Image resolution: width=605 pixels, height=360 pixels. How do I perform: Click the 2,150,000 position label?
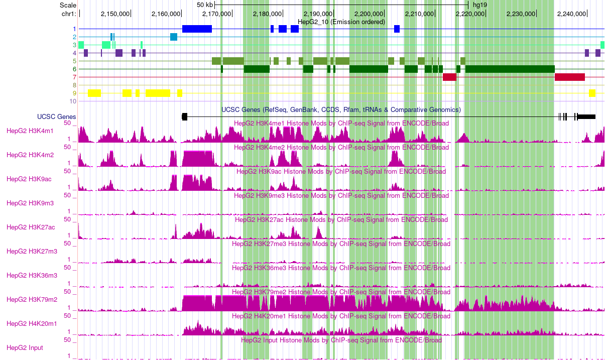pos(115,14)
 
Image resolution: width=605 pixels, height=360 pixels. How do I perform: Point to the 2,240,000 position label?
pos(572,14)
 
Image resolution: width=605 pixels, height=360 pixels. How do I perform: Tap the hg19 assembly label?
pos(480,5)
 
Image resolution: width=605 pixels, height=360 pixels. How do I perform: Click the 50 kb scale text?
pos(205,5)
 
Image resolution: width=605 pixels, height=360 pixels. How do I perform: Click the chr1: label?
pos(68,14)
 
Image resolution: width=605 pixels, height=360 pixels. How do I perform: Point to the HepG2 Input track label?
pos(25,348)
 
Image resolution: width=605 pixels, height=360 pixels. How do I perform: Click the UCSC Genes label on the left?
pos(57,117)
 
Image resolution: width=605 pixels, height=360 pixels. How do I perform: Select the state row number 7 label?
pos(74,77)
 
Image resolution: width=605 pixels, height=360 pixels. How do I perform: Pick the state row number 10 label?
pos(73,101)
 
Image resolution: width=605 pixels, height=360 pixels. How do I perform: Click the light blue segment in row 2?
pos(174,37)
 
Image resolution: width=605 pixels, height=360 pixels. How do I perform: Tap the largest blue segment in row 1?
pos(197,29)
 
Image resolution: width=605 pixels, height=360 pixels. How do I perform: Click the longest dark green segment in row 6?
pos(510,69)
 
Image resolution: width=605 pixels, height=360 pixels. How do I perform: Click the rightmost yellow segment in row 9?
pos(592,93)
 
